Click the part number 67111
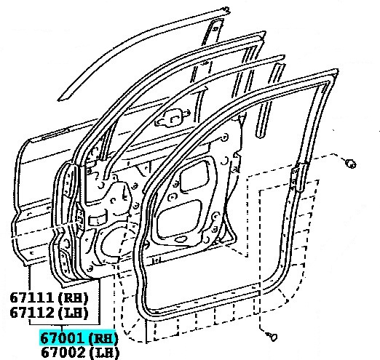point(31,297)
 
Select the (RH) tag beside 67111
point(73,298)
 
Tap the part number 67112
point(31,313)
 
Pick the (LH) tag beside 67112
point(73,313)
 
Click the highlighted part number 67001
point(62,338)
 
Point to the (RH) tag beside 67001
point(103,338)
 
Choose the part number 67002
point(63,352)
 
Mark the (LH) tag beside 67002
point(104,353)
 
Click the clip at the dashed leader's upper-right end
point(351,164)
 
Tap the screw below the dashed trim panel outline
point(272,336)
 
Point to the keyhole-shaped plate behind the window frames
point(172,118)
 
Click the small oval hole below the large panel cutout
point(181,239)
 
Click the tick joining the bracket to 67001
point(62,328)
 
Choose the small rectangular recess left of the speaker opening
point(97,220)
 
